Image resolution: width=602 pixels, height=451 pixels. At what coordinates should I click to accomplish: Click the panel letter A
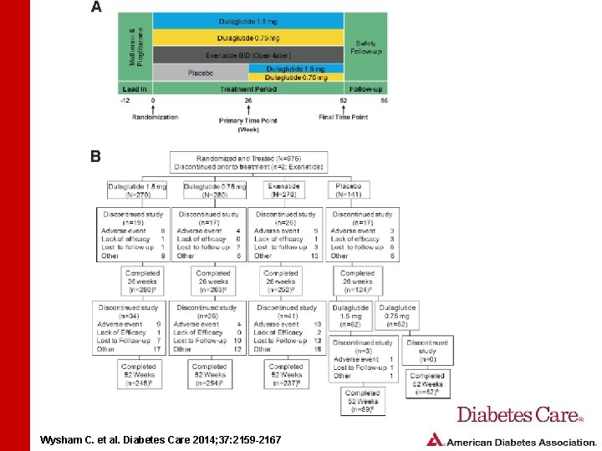[96, 7]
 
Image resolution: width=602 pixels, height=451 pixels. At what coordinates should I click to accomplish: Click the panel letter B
[96, 155]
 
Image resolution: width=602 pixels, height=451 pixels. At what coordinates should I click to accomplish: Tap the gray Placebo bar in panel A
[201, 73]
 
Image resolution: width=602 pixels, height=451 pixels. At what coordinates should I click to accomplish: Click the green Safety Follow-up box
[366, 47]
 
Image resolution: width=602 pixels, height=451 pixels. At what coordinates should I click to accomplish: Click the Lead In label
[135, 89]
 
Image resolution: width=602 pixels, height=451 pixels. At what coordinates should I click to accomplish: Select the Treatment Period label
[248, 89]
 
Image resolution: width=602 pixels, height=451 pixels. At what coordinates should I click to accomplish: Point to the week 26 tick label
[248, 100]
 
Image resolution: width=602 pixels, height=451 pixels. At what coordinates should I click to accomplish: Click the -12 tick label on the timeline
[124, 100]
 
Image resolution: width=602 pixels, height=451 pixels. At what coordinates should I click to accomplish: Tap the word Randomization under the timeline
[155, 117]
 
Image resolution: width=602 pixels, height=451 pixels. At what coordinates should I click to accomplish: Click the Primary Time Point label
[248, 120]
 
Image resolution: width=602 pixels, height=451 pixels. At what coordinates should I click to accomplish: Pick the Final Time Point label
[343, 117]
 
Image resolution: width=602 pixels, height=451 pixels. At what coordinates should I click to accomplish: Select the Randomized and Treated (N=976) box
[248, 162]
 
